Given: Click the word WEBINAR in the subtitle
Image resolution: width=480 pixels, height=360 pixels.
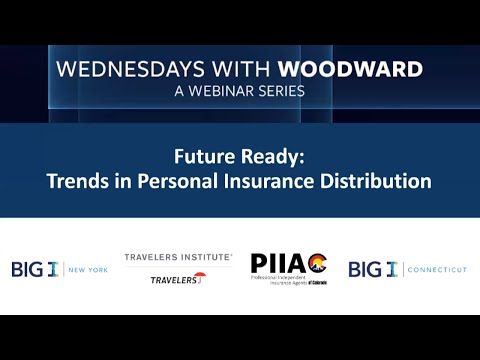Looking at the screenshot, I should (214, 91).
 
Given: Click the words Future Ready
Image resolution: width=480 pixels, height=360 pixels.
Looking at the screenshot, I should (239, 158).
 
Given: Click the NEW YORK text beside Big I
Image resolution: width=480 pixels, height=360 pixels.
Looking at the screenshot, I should (87, 270).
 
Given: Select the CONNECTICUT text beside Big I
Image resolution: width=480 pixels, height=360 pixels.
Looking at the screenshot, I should (432, 270).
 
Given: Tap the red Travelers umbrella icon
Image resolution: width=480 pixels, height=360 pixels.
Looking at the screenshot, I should (200, 277).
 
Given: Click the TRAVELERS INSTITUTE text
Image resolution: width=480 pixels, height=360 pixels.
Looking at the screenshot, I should (178, 258).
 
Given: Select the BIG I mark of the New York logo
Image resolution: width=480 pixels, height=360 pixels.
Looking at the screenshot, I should (36, 269).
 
